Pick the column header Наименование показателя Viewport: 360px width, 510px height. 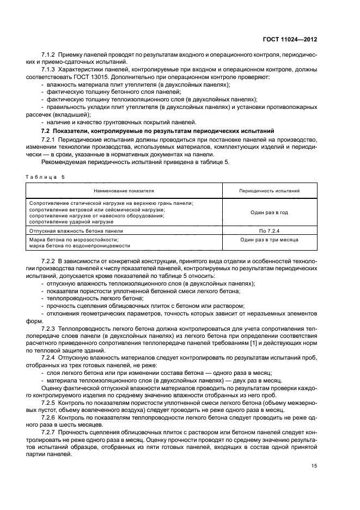click(x=124, y=191)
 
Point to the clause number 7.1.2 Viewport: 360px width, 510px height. click(x=50, y=55)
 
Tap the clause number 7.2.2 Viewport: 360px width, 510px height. click(x=50, y=262)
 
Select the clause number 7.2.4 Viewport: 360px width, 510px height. click(x=50, y=357)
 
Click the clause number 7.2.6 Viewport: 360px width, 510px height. click(x=50, y=417)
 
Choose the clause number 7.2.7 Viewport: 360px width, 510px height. click(x=50, y=432)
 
